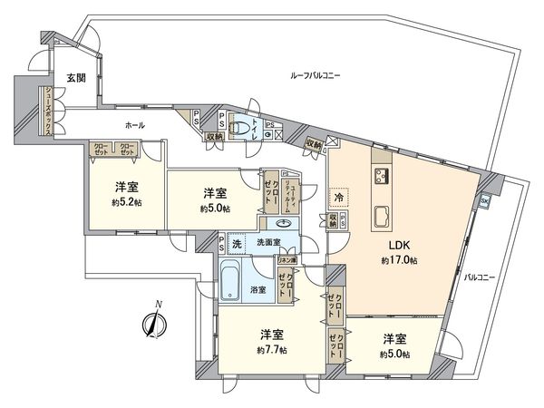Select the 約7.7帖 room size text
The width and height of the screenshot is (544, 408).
point(271,350)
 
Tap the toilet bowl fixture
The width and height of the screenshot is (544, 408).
point(240,130)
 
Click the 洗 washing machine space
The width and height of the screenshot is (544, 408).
point(237,244)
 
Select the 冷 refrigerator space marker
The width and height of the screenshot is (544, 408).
point(337,197)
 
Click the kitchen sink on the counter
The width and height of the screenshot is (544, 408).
point(382,216)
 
